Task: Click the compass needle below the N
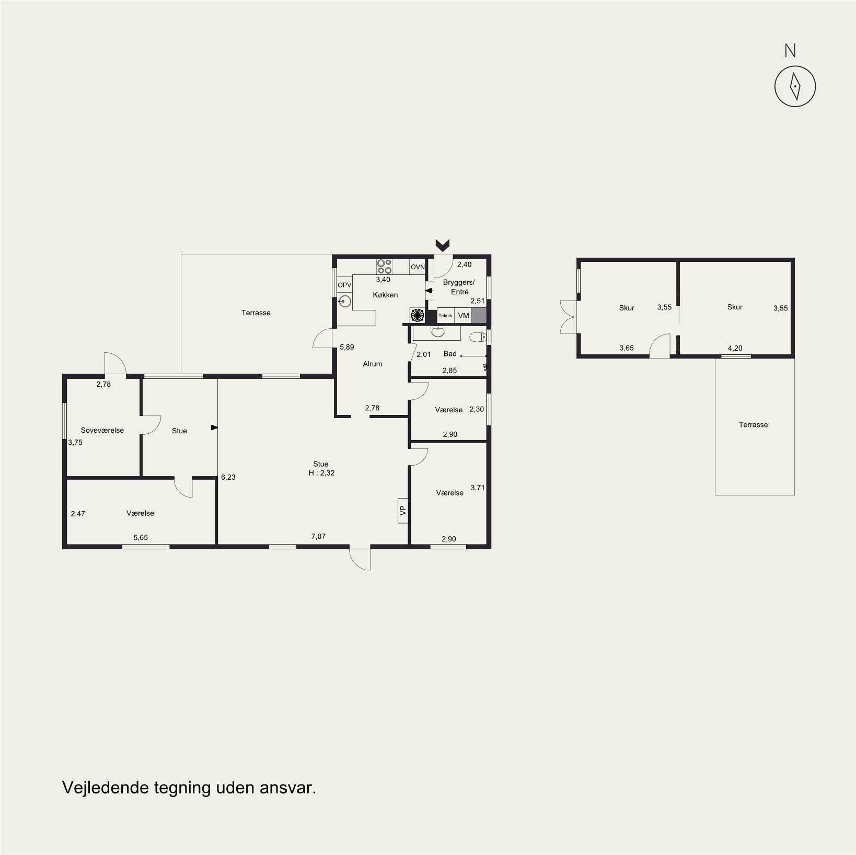pos(795,86)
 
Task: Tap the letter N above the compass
pos(790,51)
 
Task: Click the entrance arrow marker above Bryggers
pos(443,245)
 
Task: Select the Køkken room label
pos(385,295)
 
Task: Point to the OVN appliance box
pos(418,267)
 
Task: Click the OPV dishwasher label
pos(344,285)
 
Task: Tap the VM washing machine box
pos(464,316)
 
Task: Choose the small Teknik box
pos(445,316)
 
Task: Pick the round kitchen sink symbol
pos(344,301)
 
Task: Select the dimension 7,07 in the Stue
pos(318,536)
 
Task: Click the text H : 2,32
pos(321,473)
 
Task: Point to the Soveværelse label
pos(102,430)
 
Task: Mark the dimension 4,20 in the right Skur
pos(735,348)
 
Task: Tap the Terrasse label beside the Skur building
pos(753,424)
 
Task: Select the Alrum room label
pos(373,364)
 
